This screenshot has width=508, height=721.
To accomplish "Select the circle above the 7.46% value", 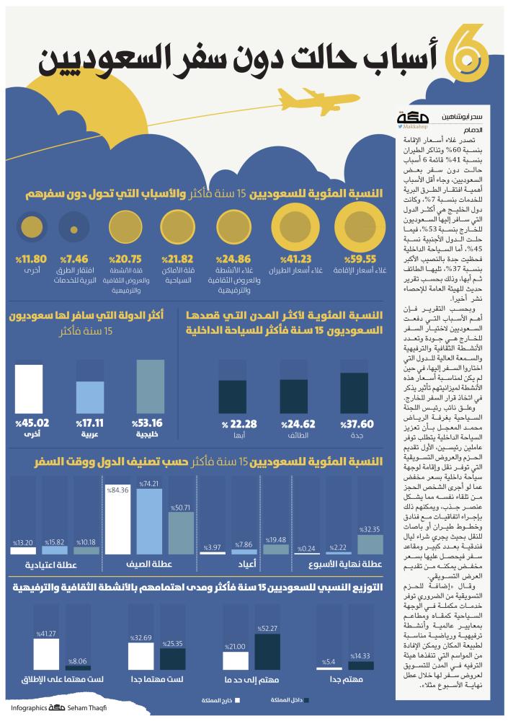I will point(74,229).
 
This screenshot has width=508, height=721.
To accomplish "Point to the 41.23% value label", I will point(296,259).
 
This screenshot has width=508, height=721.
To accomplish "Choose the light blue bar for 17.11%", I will point(92,398).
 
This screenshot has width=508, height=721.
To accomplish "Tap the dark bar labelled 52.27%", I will point(267,653).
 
